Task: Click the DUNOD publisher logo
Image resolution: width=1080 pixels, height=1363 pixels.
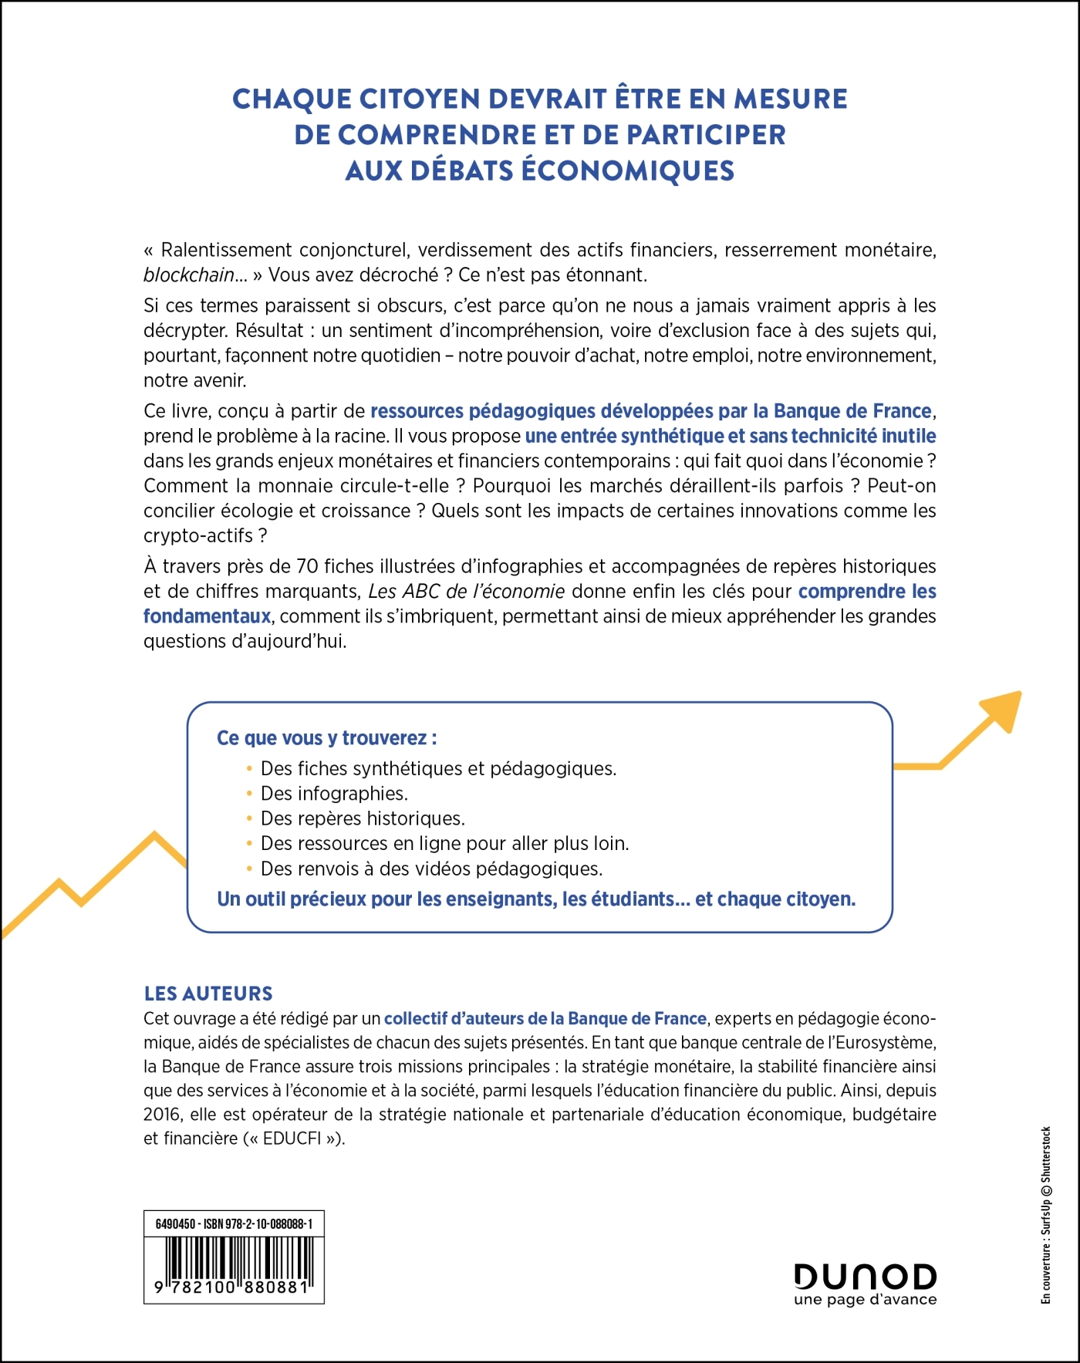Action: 865,1276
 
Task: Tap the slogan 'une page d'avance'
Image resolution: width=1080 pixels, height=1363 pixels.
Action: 865,1300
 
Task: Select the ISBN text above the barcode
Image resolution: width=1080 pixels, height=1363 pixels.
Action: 234,1224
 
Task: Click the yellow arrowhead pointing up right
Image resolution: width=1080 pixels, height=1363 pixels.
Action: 1003,710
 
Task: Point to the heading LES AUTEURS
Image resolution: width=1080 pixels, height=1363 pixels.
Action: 208,994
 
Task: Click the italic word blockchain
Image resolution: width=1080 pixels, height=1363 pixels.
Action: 189,275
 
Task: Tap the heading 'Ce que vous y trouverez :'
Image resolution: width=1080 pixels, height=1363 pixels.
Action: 327,738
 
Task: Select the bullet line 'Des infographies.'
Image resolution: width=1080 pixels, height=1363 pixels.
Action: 334,794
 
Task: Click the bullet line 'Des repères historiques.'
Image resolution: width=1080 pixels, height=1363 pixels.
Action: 363,818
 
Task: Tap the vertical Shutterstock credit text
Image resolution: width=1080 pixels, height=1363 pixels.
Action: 1046,1215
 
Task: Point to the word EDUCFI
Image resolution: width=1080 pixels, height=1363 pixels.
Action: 292,1139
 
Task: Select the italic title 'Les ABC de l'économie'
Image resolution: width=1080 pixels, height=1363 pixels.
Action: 467,592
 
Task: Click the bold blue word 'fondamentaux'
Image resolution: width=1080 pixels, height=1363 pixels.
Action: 207,616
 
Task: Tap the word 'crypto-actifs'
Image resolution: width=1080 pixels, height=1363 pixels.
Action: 197,535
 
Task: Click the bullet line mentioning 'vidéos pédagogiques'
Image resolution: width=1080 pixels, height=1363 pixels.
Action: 431,869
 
